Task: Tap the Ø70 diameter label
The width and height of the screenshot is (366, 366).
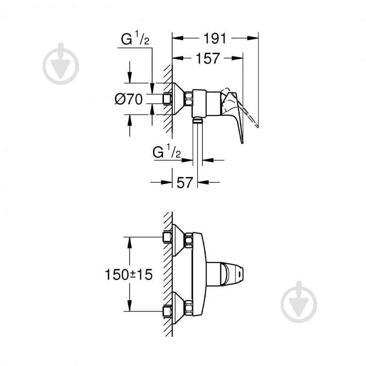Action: (129, 99)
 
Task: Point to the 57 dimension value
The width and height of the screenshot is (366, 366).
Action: (184, 182)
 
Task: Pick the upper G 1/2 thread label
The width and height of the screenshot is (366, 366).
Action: (135, 40)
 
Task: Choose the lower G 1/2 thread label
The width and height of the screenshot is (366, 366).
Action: (168, 153)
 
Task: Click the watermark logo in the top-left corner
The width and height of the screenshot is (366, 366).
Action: (61, 64)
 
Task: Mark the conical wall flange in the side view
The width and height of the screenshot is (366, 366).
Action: (178, 98)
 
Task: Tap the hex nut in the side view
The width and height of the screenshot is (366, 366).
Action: (188, 98)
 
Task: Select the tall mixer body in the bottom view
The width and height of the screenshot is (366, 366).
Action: (198, 274)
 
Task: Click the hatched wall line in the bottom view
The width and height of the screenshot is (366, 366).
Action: (169, 274)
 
